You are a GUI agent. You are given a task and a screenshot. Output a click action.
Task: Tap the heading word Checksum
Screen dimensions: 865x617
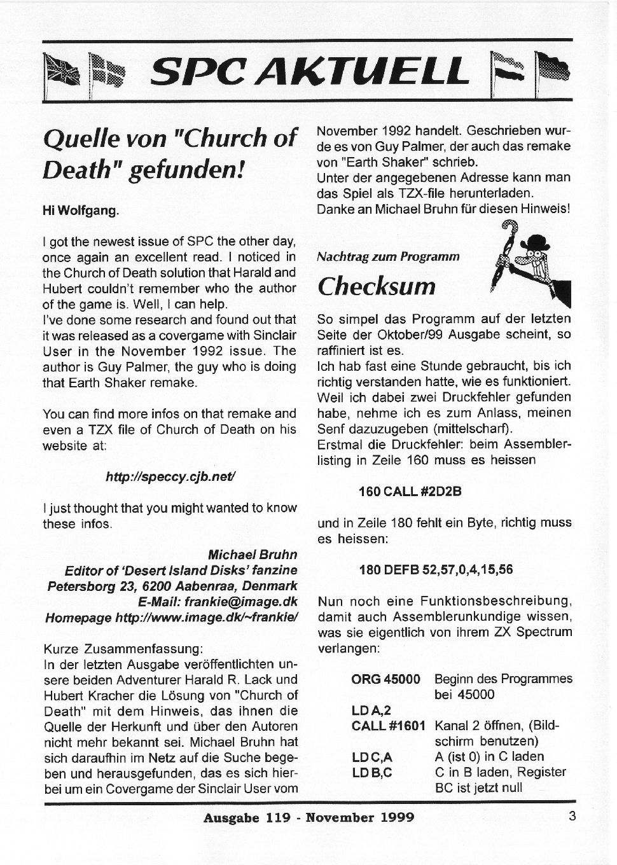(x=377, y=286)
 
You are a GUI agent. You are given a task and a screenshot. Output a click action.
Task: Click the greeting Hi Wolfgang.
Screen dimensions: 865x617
(x=81, y=211)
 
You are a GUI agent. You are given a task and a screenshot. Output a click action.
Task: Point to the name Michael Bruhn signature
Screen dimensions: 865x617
(x=252, y=554)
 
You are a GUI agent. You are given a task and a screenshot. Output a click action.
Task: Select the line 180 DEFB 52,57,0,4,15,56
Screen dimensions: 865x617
(x=436, y=569)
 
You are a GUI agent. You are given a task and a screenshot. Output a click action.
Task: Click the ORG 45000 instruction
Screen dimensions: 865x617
(x=385, y=679)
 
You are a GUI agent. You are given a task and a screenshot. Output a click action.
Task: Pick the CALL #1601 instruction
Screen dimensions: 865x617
(x=388, y=725)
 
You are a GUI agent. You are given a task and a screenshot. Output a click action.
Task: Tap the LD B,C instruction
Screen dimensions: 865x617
(x=372, y=772)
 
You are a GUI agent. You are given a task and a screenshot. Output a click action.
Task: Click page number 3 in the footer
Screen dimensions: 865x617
(x=572, y=816)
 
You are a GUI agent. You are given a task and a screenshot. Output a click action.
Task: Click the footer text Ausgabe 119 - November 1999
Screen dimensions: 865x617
(x=308, y=817)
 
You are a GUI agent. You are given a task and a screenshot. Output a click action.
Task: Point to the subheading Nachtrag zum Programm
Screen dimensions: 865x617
(x=388, y=257)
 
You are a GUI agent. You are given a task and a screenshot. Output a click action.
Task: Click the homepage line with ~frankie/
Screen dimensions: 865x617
(x=172, y=617)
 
